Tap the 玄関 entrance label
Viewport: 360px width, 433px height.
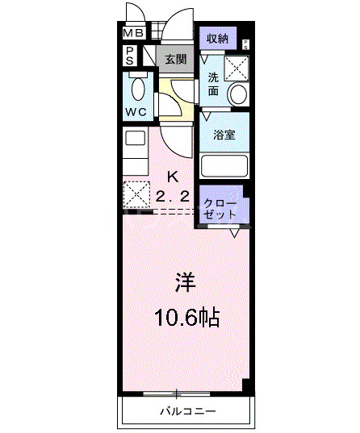[176, 59]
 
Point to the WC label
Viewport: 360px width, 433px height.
[136, 112]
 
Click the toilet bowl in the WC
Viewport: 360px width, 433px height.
[136, 88]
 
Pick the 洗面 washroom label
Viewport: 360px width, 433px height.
[213, 84]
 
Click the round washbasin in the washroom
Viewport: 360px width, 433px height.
[238, 94]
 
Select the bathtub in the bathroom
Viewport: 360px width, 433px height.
[224, 166]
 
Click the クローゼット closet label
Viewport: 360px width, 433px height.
[220, 209]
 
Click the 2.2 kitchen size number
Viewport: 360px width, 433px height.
[172, 196]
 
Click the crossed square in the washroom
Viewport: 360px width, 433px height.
[236, 67]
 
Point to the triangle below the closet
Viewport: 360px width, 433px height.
[234, 234]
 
